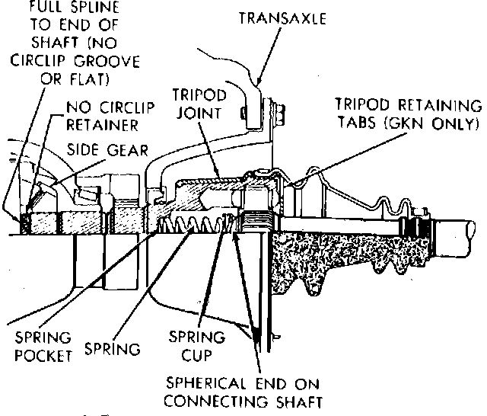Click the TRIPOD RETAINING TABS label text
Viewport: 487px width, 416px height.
point(409,106)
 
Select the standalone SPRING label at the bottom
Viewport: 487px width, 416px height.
point(114,350)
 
